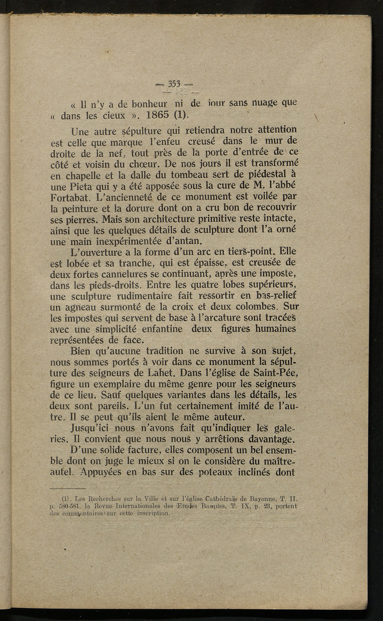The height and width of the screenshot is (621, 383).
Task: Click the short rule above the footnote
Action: pyautogui.click(x=67, y=488)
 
